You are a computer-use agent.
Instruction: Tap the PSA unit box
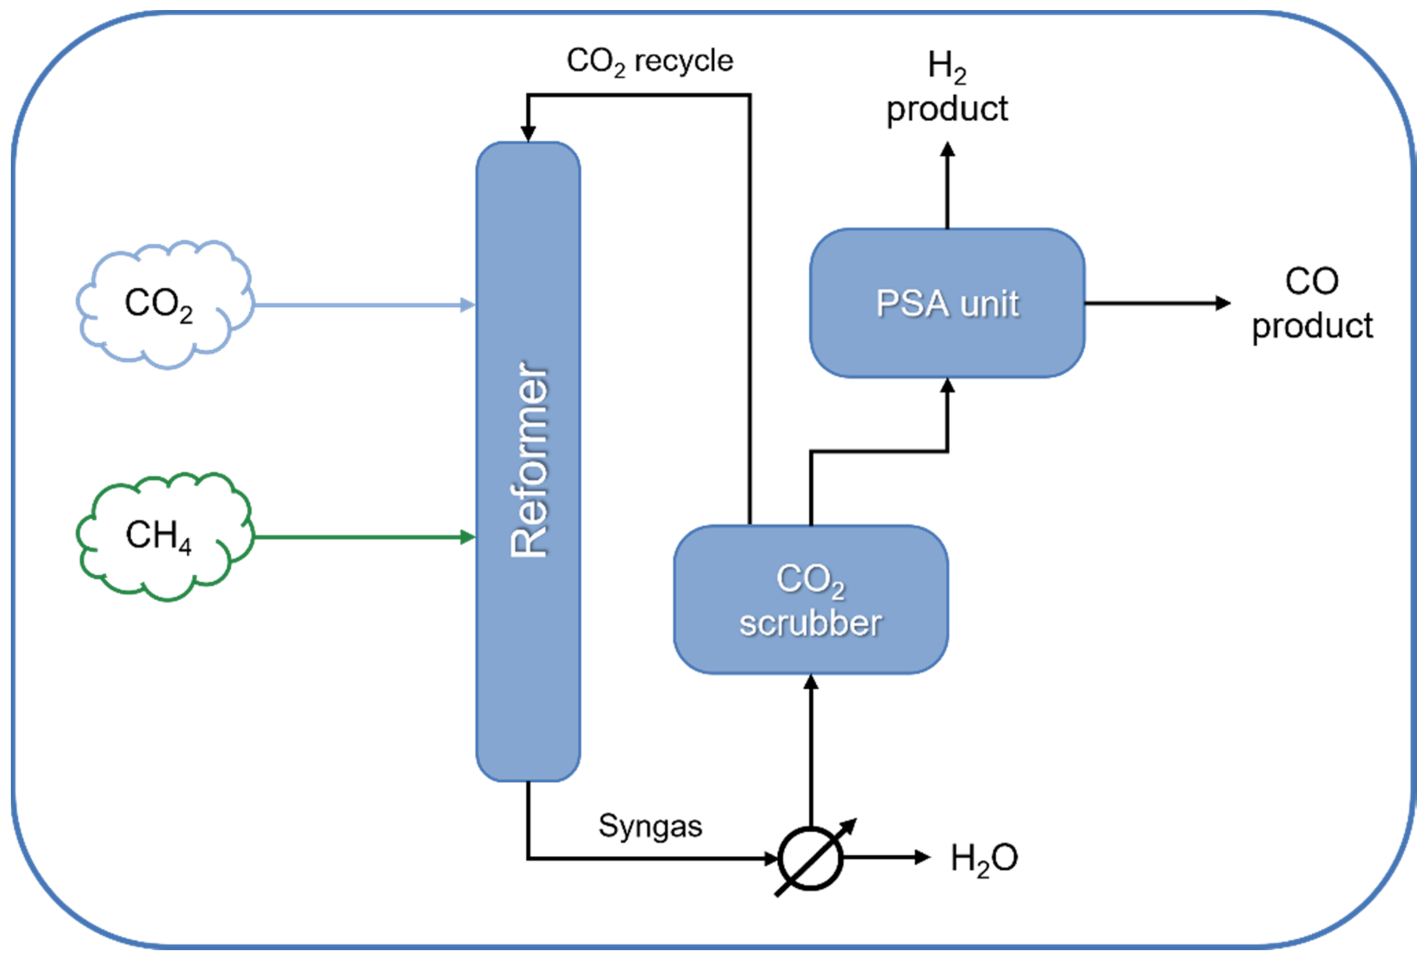947,303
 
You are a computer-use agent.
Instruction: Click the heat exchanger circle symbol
810,858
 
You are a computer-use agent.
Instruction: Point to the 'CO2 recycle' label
649,61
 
